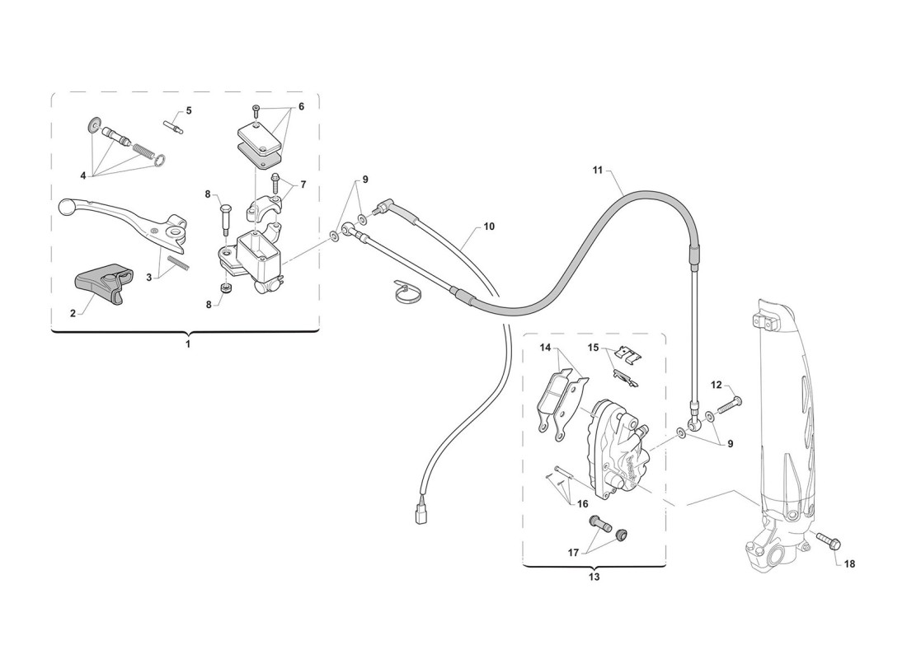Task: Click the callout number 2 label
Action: tap(73, 313)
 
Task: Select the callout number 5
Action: tap(189, 110)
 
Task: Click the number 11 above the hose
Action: tap(598, 170)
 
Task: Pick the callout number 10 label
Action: tap(489, 227)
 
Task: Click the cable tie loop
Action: tap(408, 292)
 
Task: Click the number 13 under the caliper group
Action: tap(594, 577)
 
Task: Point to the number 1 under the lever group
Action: tap(187, 344)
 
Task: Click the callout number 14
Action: tap(546, 348)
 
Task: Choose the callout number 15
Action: tap(593, 348)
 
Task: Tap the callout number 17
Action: tap(573, 554)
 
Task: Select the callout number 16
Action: tap(582, 504)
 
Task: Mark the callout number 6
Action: tap(301, 107)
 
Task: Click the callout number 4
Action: tap(82, 175)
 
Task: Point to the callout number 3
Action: tap(148, 278)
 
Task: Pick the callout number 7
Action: tap(303, 185)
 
